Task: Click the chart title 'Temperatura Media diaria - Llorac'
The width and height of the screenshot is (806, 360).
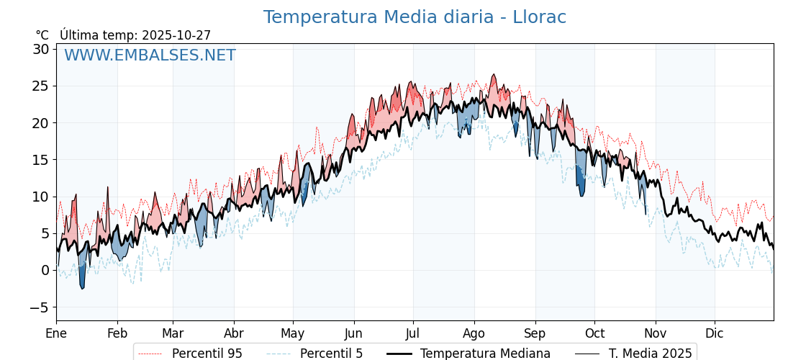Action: (415, 17)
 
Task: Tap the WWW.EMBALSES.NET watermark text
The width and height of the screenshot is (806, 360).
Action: (150, 55)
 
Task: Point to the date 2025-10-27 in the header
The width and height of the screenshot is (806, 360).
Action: (176, 35)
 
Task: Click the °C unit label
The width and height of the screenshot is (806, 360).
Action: (42, 35)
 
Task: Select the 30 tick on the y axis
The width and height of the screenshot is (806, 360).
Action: (40, 49)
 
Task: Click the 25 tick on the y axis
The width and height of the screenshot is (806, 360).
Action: (40, 86)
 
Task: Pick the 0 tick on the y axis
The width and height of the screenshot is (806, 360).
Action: (45, 270)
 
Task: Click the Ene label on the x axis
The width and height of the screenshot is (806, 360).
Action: (56, 333)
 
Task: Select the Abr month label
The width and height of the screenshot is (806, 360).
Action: (234, 333)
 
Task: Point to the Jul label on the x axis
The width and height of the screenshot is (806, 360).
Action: (413, 333)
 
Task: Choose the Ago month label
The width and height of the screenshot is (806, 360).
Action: (474, 333)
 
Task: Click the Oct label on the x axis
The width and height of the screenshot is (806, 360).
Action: (594, 333)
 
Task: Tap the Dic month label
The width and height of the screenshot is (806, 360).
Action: (715, 333)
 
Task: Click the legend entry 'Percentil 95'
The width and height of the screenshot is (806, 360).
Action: (207, 354)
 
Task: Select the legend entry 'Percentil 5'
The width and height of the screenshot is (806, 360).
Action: (331, 354)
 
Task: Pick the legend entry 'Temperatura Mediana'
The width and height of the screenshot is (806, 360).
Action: (485, 354)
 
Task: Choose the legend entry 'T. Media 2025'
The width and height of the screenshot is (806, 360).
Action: (650, 354)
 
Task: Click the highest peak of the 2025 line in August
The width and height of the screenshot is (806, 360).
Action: (494, 75)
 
